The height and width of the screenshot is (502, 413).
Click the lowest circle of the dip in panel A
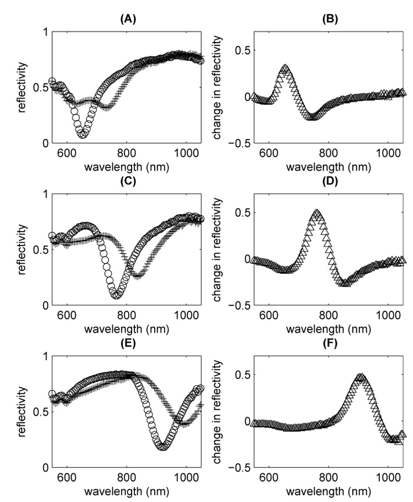point(83,135)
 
